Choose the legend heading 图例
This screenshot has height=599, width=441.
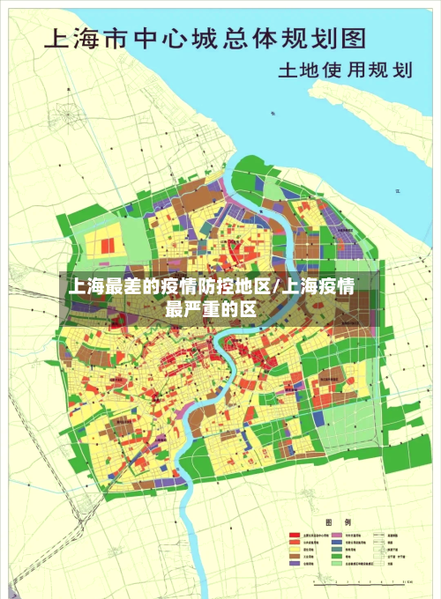[340, 522]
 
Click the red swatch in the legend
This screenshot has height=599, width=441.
[295, 535]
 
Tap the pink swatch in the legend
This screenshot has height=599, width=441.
[339, 535]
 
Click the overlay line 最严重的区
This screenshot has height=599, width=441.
[211, 308]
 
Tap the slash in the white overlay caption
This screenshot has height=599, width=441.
[280, 287]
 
